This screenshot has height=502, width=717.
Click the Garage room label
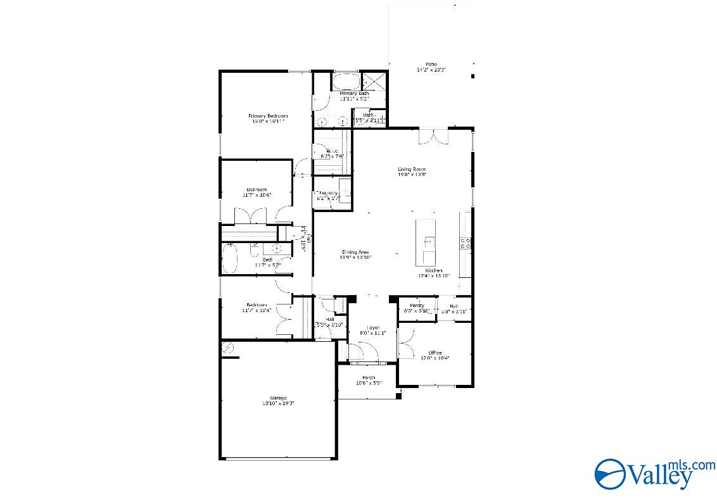point(279,398)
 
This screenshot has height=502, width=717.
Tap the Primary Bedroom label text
point(268,116)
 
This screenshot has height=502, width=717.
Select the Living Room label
point(412,169)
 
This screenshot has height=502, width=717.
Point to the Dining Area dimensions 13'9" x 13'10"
point(355,258)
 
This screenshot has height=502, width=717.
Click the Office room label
point(435,353)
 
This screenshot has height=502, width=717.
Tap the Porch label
point(368,377)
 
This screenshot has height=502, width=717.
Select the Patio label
point(431,65)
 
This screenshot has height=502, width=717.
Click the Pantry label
point(417,306)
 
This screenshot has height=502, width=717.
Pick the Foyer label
point(372,327)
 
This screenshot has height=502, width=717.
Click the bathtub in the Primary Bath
point(346,82)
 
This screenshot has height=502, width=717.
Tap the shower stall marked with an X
point(374,81)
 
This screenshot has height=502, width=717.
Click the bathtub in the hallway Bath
point(229,259)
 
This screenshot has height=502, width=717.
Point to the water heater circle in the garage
point(227,348)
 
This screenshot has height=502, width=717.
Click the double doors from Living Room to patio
point(434,135)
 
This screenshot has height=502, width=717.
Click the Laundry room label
point(328,193)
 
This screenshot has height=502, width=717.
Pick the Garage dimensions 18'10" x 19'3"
point(279,403)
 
